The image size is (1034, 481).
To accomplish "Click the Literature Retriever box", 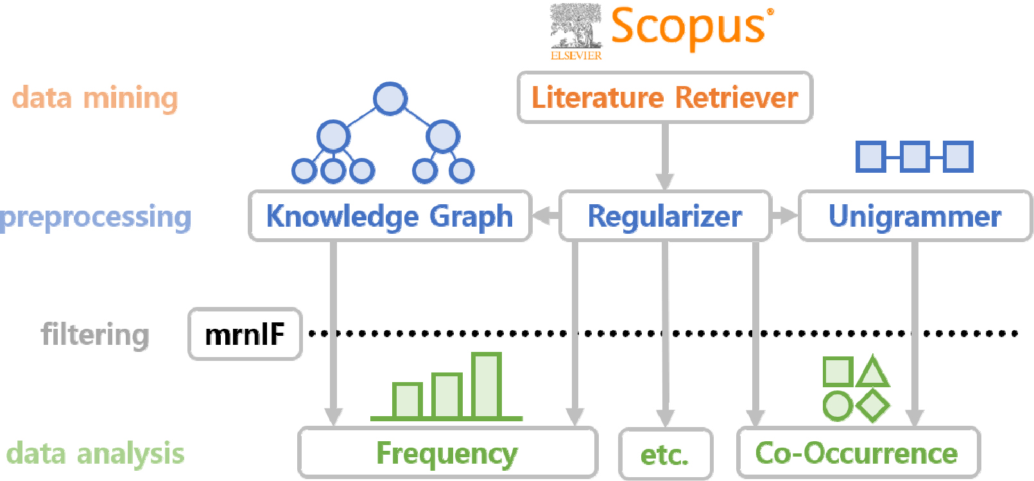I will click(665, 98).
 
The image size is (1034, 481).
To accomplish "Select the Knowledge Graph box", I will click(390, 216).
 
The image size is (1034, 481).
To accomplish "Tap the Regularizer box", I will click(665, 216).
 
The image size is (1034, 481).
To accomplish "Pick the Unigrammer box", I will click(915, 216).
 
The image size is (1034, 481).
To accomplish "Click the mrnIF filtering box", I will click(245, 334).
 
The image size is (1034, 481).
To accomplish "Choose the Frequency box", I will click(447, 453).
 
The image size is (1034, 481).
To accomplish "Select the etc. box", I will click(665, 455).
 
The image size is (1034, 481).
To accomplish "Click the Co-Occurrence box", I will click(857, 453).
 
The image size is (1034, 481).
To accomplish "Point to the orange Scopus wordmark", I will click(688, 27).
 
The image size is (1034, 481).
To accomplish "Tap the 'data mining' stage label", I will click(95, 98).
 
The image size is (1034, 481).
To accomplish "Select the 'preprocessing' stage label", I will click(96, 217).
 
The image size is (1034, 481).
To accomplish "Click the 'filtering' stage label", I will click(95, 335).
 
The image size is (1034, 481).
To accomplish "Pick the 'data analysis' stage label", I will click(95, 453).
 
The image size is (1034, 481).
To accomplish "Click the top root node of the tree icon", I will click(390, 99).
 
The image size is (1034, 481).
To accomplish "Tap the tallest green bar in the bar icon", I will click(486, 385).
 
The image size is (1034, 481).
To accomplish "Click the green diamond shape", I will click(873, 405).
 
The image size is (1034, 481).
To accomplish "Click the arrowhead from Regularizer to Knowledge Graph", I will click(543, 216).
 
